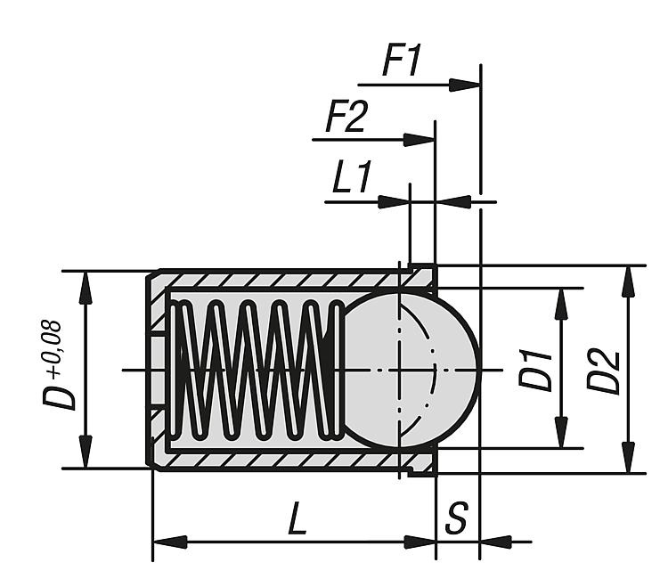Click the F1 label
[x=401, y=61]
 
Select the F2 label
[x=345, y=118]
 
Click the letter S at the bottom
[x=457, y=520]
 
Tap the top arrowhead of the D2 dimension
[x=629, y=280]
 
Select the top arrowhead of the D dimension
[x=86, y=285]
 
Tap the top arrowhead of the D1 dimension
[x=562, y=302]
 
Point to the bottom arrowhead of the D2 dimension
[x=629, y=459]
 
